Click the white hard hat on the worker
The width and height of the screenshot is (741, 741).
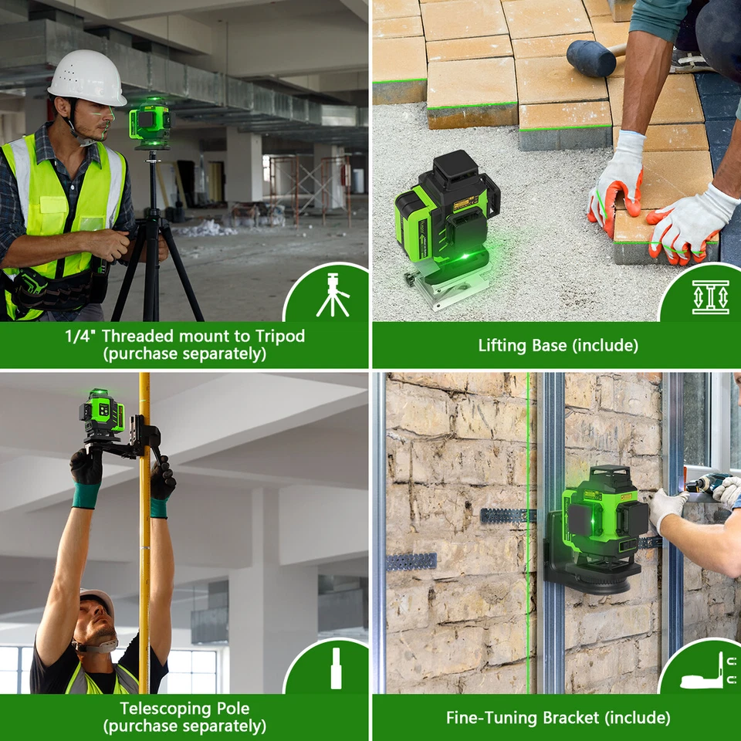click(86, 78)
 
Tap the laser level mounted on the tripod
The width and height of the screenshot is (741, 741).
click(149, 122)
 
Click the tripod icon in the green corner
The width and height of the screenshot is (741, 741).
click(333, 294)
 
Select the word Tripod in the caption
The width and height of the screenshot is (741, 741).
click(279, 336)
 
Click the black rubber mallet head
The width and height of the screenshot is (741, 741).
click(587, 57)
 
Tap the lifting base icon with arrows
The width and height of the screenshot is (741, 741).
click(710, 296)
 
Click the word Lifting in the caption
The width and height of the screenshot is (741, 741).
click(502, 345)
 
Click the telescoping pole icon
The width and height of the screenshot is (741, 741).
click(336, 668)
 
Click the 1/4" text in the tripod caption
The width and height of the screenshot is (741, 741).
click(80, 336)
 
